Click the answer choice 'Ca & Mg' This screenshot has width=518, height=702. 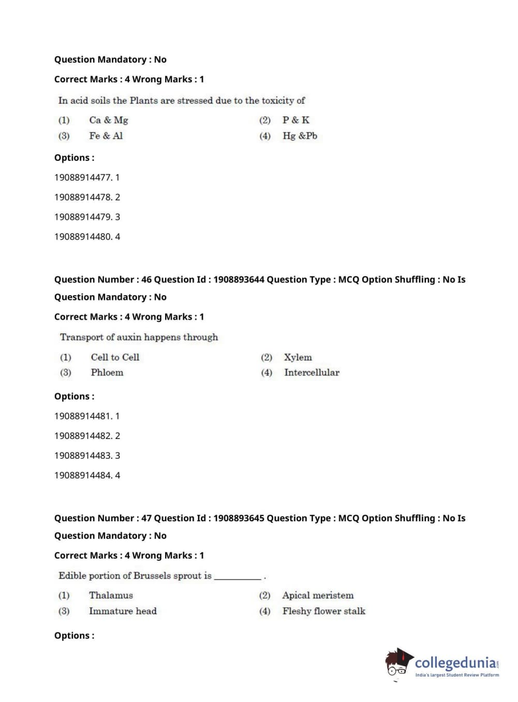tap(108, 120)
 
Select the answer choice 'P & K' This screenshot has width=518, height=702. tap(295, 120)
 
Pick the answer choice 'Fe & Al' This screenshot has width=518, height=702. tap(106, 136)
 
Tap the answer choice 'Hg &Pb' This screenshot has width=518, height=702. tap(300, 136)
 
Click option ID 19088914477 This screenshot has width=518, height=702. tap(86, 178)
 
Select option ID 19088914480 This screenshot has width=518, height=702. tap(87, 237)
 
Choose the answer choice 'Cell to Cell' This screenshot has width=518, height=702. tap(115, 357)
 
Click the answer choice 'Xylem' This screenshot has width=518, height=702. tap(298, 357)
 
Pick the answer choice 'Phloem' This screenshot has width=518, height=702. tap(107, 372)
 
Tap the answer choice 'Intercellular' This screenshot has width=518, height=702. tap(312, 372)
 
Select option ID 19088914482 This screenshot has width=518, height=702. tap(87, 436)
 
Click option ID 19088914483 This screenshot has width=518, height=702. tap(87, 456)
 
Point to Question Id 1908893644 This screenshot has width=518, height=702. tap(239, 280)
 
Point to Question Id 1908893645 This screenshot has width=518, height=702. tap(239, 518)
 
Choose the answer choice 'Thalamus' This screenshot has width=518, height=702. tap(111, 595)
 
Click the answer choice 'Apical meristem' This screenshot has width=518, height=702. tap(318, 595)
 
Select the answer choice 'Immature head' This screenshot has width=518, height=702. tap(123, 611)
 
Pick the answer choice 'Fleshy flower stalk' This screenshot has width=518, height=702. tap(323, 611)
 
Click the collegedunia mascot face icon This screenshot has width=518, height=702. tap(397, 663)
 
